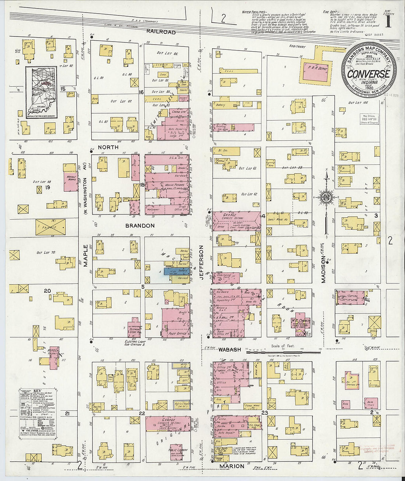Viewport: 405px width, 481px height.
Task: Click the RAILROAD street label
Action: point(161,32)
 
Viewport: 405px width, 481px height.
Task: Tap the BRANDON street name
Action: point(140,225)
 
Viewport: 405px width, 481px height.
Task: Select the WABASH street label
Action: point(229,349)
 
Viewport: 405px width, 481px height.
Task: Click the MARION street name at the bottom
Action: point(232,466)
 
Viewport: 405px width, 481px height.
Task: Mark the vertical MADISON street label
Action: point(323,271)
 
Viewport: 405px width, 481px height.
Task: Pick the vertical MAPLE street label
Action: point(86,255)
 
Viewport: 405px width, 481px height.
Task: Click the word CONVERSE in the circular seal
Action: point(368,74)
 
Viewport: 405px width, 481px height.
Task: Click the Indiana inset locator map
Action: point(41,92)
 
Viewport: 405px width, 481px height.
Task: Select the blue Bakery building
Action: point(176,271)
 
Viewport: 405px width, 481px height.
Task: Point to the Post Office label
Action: point(177,333)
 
